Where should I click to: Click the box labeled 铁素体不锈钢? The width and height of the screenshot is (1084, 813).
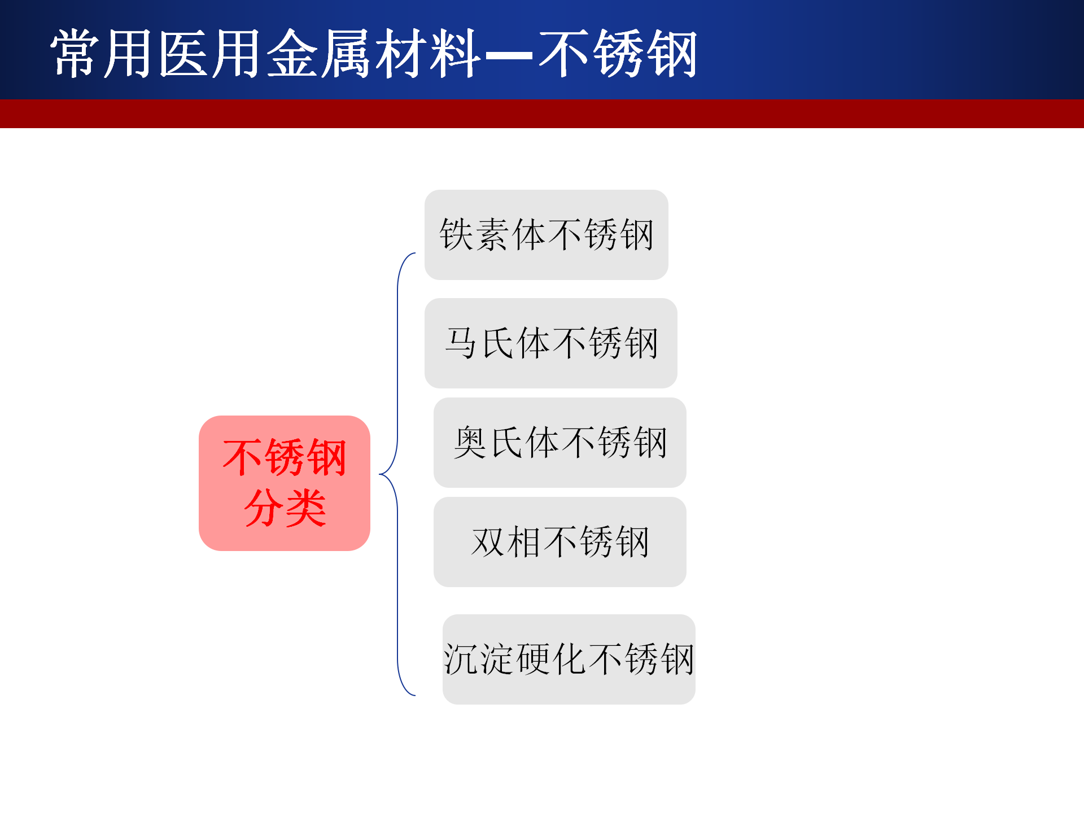point(546,235)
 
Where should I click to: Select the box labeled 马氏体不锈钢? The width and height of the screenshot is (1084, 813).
point(550,343)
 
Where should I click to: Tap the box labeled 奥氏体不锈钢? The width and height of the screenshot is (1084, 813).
point(560,443)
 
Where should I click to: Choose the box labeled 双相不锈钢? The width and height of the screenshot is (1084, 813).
point(560,542)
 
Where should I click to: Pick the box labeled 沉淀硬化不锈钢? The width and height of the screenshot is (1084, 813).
point(569,659)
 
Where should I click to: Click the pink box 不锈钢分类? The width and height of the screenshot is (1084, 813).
point(285,483)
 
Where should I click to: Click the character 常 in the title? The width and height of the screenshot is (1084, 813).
point(75,54)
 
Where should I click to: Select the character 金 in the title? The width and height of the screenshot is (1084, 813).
point(291,54)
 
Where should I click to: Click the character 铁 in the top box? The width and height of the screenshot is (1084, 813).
point(456,234)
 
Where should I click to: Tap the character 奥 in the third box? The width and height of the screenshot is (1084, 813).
point(470,442)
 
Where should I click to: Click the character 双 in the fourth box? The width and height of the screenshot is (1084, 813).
point(488,542)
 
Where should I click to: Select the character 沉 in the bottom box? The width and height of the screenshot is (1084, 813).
point(461,659)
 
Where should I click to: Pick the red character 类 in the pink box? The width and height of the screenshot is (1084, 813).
point(306,508)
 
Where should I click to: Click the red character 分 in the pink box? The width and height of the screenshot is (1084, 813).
point(264,508)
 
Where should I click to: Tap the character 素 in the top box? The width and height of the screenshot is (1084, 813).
point(491,234)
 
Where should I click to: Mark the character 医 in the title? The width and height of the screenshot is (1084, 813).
point(183,54)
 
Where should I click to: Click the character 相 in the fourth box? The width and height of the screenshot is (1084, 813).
point(523,542)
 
